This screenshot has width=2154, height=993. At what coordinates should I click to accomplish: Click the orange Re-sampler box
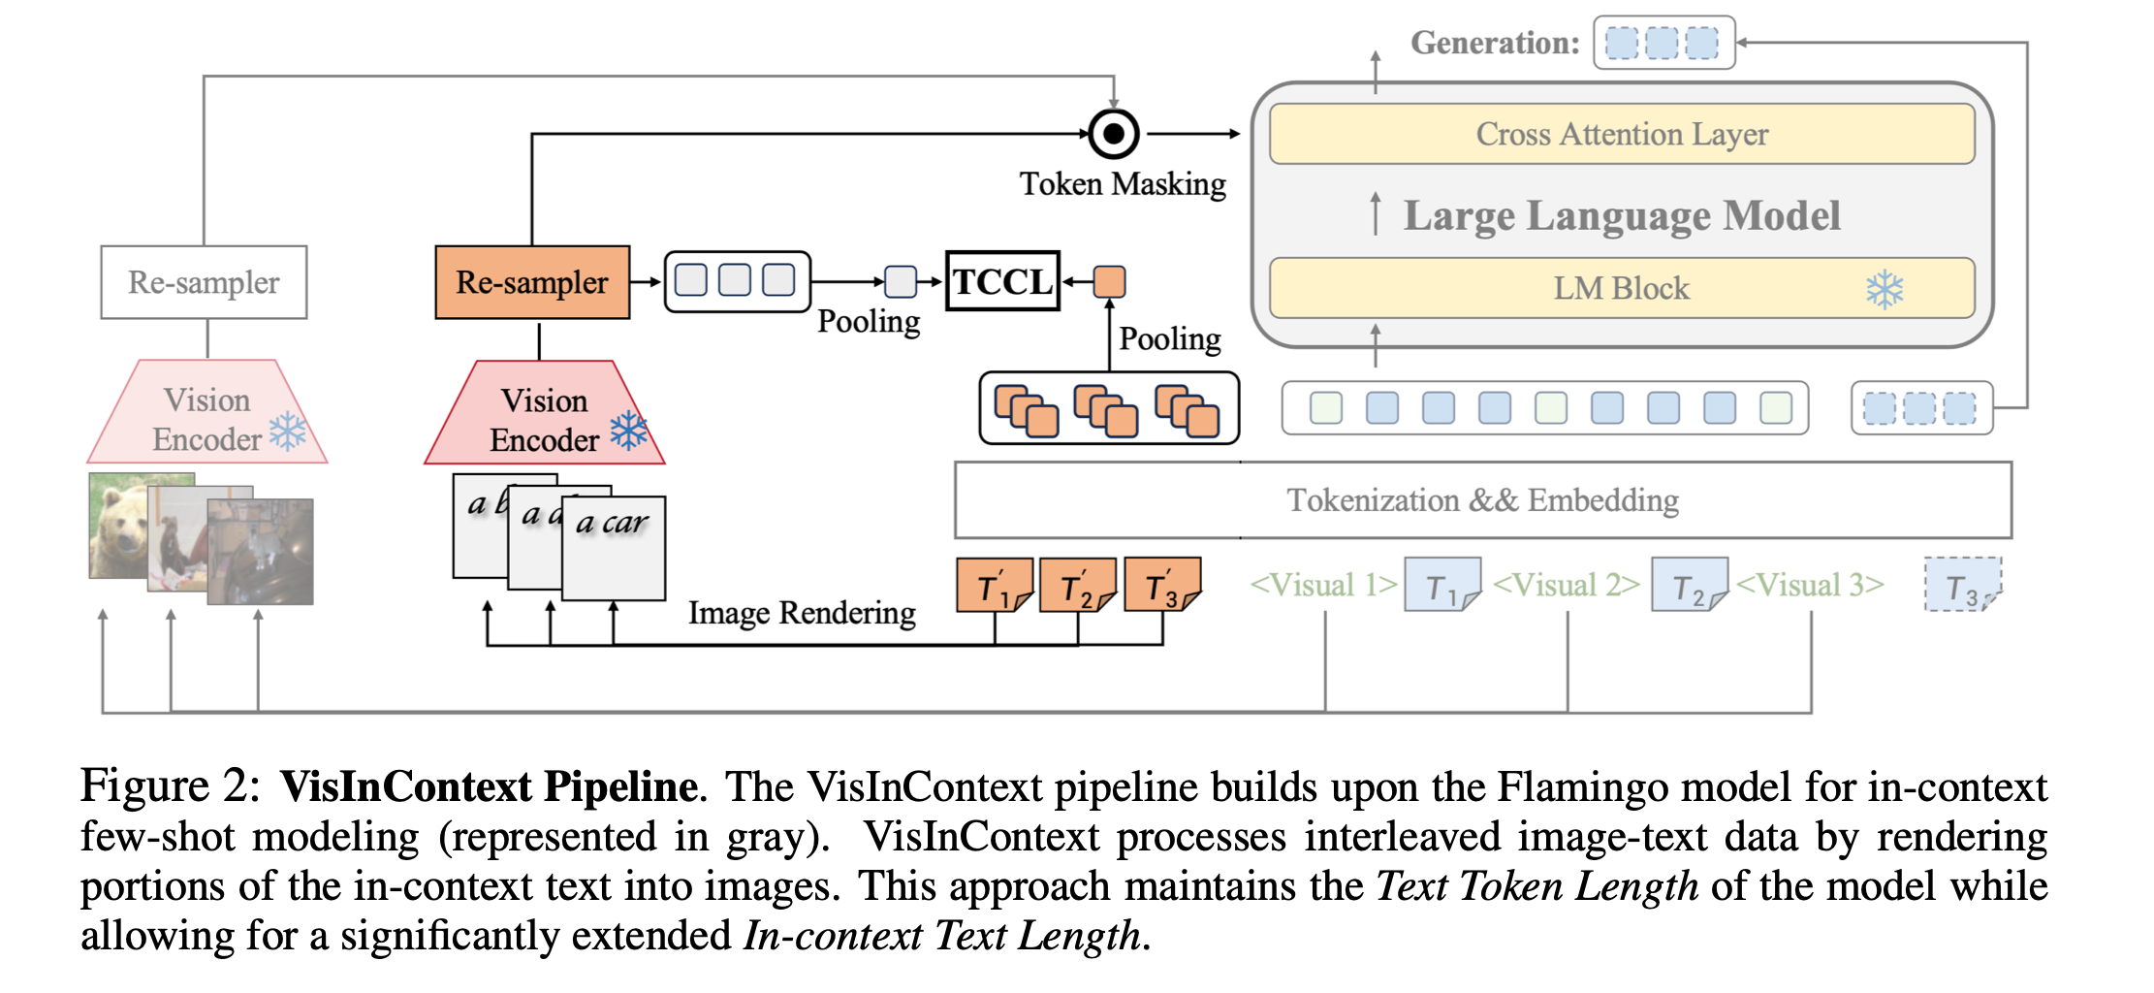pos(532,282)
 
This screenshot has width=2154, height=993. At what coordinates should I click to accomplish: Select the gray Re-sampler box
pos(204,282)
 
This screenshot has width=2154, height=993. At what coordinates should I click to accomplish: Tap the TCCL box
pos(1002,281)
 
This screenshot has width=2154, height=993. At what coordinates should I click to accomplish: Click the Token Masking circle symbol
pos(1114,133)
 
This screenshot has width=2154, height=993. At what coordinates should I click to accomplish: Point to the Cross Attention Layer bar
pos(1621,134)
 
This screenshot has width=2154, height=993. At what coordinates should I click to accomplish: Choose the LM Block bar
pos(1621,288)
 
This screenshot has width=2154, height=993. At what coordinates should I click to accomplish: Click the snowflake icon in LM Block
pos(1885,289)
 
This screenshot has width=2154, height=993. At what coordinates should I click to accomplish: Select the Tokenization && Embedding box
pos(1482,500)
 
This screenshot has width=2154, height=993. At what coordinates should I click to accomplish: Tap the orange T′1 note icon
pos(995,585)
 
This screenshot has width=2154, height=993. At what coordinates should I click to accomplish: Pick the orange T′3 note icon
pos(1162,585)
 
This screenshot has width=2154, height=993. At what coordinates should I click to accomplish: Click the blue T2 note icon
pos(1689,585)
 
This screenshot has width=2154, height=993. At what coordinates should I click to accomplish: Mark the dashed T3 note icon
pos(1962,585)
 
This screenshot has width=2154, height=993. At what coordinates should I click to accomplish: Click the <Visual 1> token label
pos(1323,585)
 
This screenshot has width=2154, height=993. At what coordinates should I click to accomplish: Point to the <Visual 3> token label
pos(1810,585)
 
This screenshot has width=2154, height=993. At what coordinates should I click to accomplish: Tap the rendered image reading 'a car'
pos(613,548)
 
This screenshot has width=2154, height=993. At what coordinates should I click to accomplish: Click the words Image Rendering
pos(802,613)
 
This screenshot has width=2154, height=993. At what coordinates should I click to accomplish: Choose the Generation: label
pos(1494,43)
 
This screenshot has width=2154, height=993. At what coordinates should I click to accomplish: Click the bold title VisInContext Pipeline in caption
pos(489,786)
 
